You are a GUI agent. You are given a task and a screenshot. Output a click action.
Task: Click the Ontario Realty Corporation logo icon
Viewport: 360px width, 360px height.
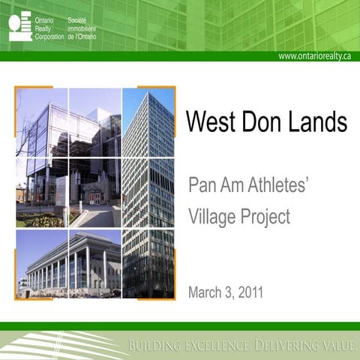click(20, 25)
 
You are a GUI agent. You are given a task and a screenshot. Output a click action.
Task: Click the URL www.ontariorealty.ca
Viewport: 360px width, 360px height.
click(314, 56)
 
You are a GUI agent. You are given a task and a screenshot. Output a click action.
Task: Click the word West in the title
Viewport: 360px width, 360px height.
click(212, 121)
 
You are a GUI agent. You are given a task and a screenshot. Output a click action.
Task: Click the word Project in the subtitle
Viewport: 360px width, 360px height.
click(264, 217)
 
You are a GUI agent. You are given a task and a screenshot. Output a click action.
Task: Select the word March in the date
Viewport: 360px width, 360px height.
click(206, 291)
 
